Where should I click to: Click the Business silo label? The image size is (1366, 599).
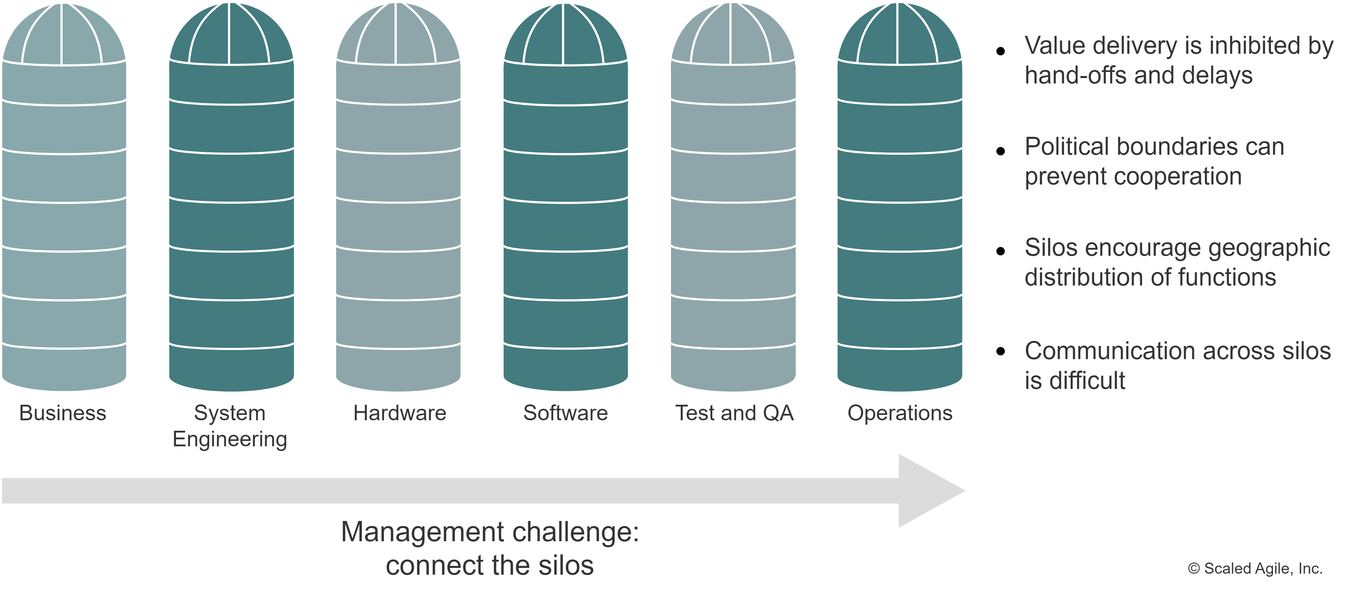coord(63,413)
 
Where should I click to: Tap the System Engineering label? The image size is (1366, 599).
coord(230,426)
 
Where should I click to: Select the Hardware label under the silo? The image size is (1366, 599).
coord(399,413)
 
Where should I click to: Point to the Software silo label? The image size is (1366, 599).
coord(565,413)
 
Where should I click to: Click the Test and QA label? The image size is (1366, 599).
coord(735,413)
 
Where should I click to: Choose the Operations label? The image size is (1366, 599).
coord(899,413)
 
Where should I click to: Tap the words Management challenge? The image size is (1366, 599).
coord(490,532)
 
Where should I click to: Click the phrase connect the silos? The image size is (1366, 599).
coord(490,565)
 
